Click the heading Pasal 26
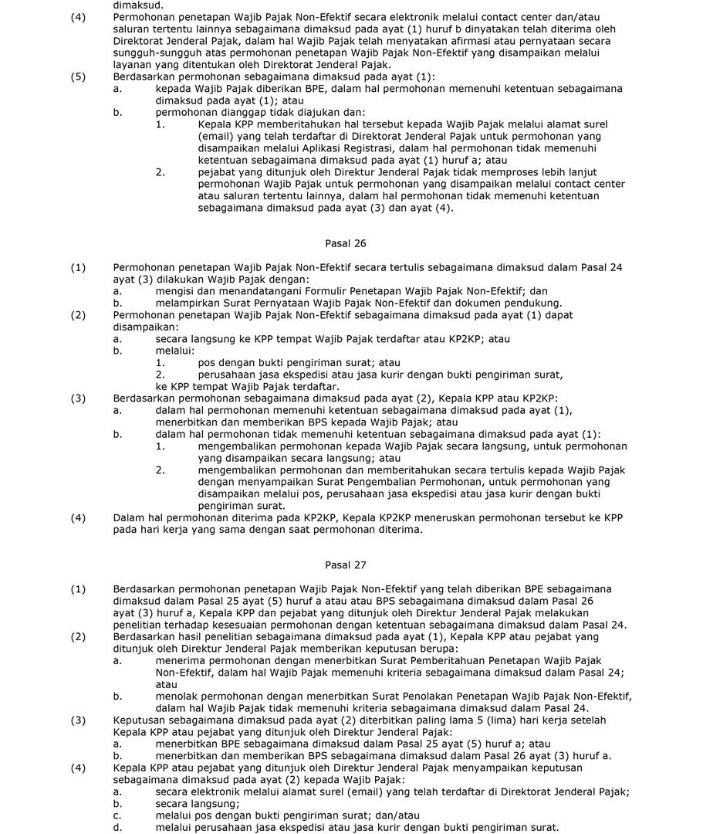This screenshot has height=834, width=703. (346, 243)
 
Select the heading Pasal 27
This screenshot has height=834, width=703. (346, 564)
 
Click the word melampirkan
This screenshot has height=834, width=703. (188, 303)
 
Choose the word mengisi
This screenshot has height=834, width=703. (174, 291)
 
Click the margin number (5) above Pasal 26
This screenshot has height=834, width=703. (78, 76)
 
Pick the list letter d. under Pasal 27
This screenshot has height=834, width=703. (117, 827)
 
